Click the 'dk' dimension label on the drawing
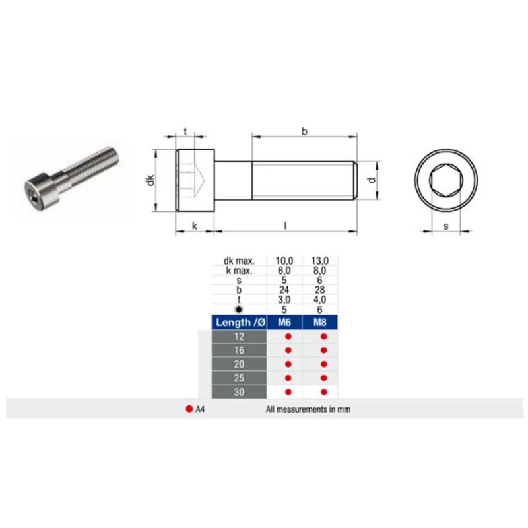[x=150, y=180]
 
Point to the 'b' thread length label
[x=304, y=131]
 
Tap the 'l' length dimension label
[x=286, y=225]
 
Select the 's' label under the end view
[x=446, y=226]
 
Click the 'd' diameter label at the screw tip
[x=372, y=180]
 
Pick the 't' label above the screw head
[x=185, y=131]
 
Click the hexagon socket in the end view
[x=445, y=180]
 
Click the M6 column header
[x=284, y=322]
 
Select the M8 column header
[x=320, y=322]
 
